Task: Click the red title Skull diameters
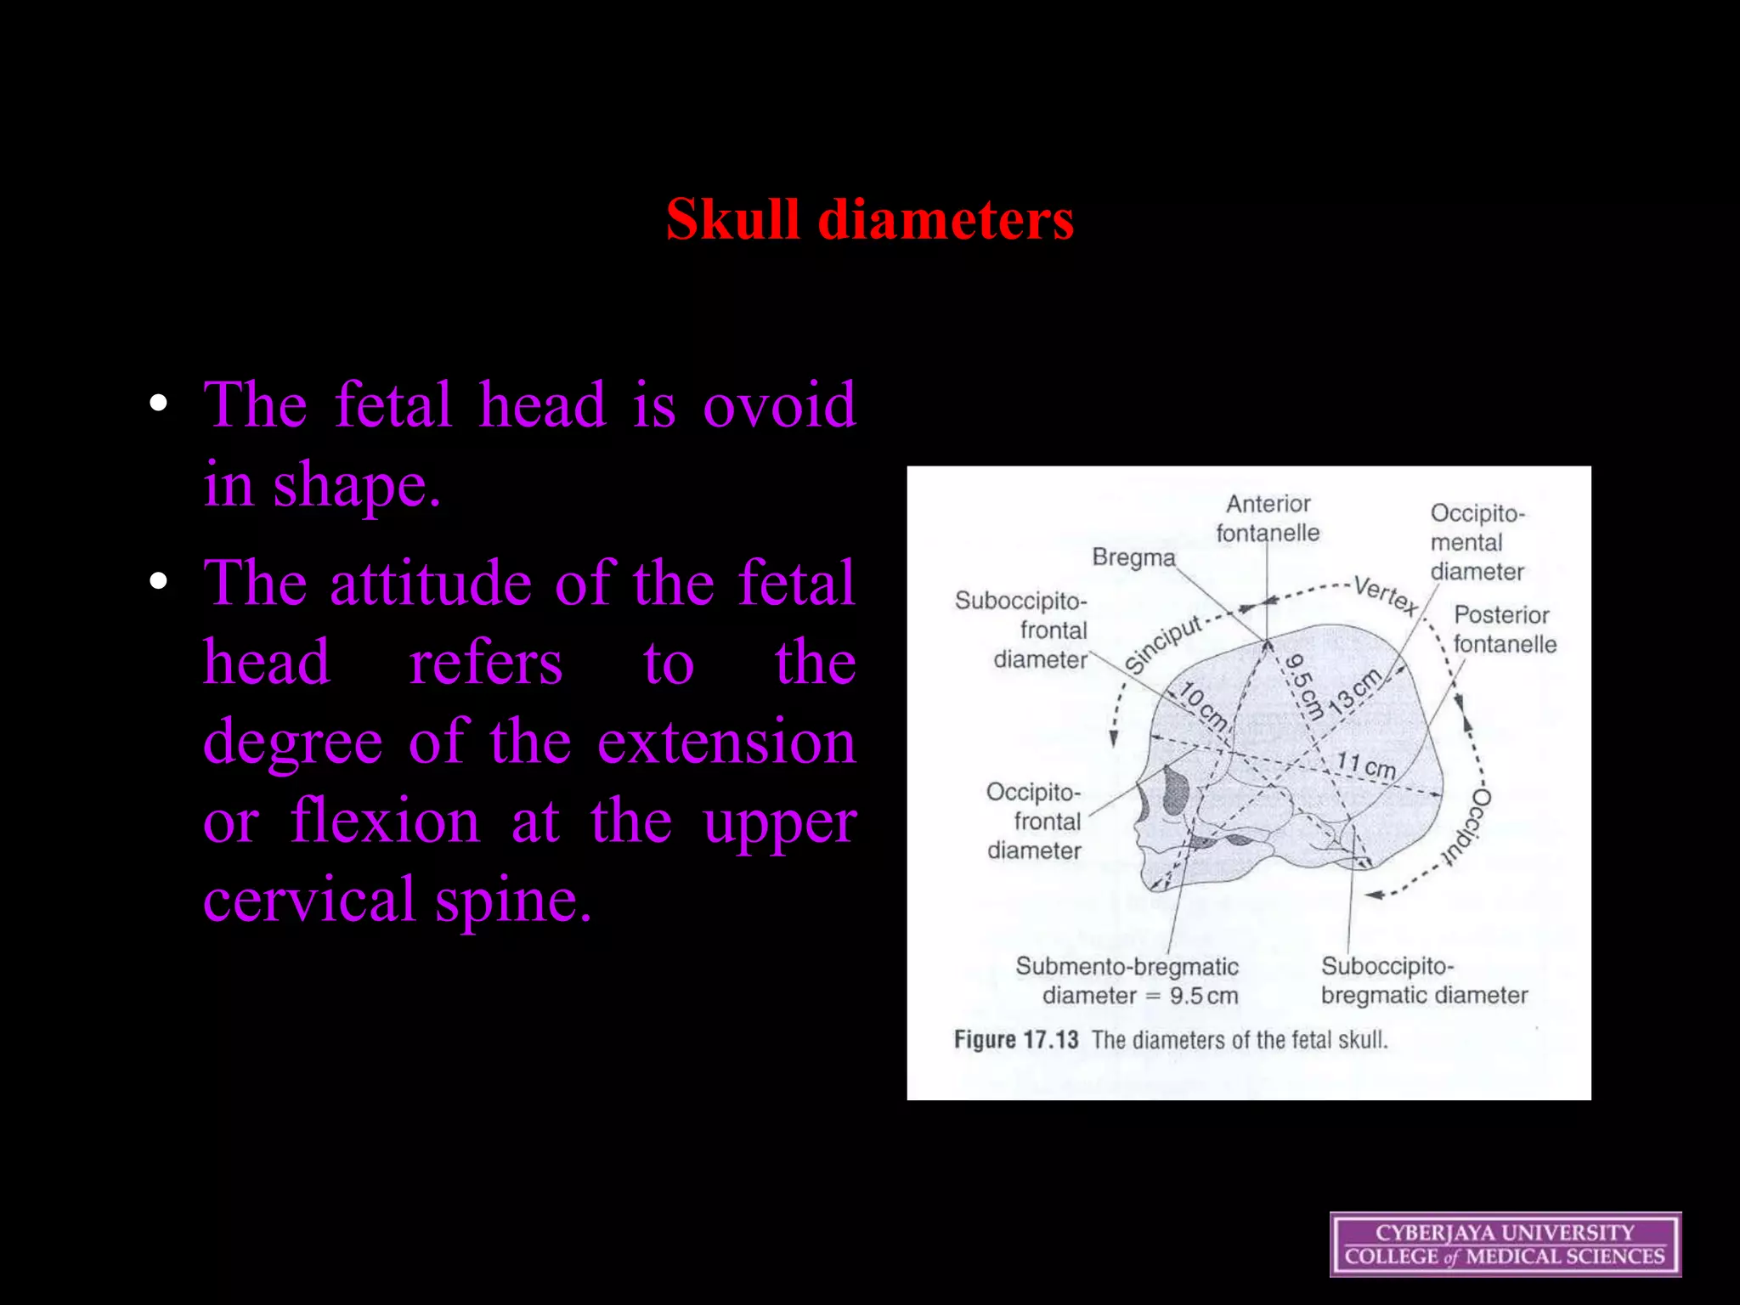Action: (x=869, y=219)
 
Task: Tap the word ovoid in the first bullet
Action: (x=779, y=405)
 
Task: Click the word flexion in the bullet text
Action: (x=385, y=822)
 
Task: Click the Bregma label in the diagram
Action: (x=1133, y=557)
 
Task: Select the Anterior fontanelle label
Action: (x=1268, y=518)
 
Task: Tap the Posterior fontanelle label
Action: (x=1504, y=630)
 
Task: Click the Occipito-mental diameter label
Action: (x=1477, y=542)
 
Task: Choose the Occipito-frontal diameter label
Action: (x=1035, y=821)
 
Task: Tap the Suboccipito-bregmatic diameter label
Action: (x=1423, y=980)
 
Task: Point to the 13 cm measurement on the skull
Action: (x=1354, y=692)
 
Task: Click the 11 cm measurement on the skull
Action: (x=1366, y=765)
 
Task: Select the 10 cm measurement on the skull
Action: (x=1203, y=707)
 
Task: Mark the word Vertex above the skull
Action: (x=1386, y=595)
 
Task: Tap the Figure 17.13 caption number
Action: (x=1016, y=1040)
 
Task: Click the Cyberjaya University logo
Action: (x=1505, y=1244)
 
